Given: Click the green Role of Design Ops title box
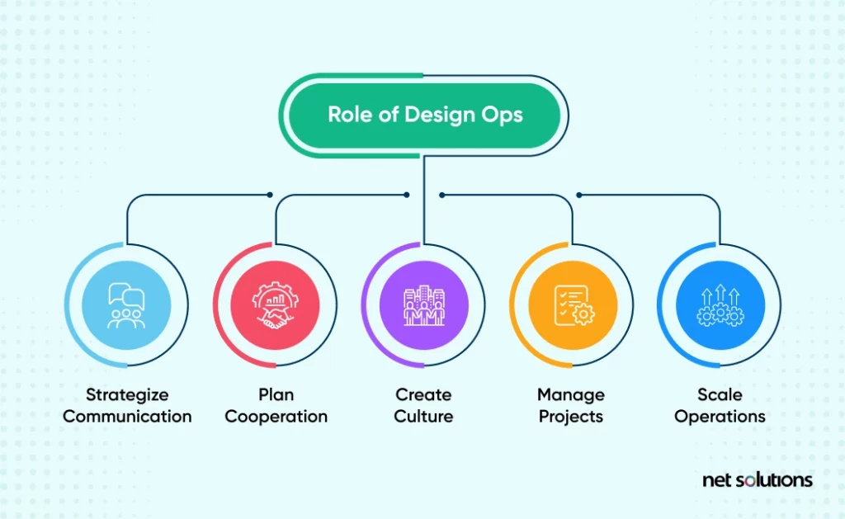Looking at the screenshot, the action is point(425,115).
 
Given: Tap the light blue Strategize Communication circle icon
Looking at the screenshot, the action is point(126,305).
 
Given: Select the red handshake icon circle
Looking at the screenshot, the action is point(275,305).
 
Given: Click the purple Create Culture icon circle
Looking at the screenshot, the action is point(423,305).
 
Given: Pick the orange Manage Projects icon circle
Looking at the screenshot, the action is point(573,305).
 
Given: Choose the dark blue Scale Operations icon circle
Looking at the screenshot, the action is point(720,305).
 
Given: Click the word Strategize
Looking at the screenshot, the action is point(127,395).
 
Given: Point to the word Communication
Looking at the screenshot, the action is point(127,416).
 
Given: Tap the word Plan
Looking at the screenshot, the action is point(276,394).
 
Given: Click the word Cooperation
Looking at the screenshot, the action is point(276,417).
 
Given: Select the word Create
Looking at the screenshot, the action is point(423,394).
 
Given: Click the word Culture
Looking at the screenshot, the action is point(423,416).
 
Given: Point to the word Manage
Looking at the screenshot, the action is point(571,395).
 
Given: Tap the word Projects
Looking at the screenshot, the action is point(571,417).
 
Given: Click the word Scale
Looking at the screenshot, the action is point(720,394).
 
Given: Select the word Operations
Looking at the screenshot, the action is point(720,417).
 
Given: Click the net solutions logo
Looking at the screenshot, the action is point(758,479).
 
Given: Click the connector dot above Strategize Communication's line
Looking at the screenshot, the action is point(270,195).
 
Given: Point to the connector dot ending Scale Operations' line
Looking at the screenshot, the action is point(579,195).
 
